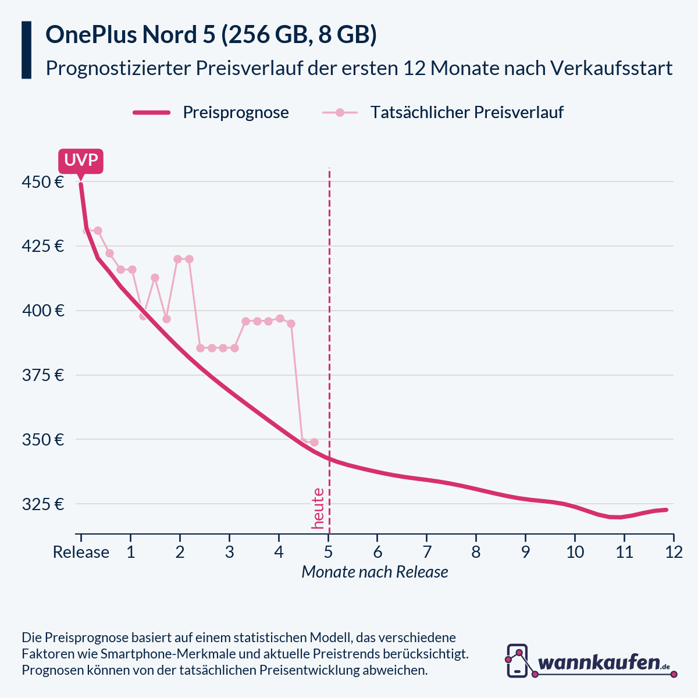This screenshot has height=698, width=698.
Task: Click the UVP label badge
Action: (x=81, y=161)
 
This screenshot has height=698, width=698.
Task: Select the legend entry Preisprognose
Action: (x=236, y=112)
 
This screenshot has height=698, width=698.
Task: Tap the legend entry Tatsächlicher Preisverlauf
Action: (x=466, y=112)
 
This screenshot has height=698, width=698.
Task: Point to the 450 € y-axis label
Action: (x=42, y=182)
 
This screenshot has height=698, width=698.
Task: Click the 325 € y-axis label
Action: (x=42, y=504)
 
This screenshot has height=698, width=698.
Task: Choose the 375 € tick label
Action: (x=42, y=375)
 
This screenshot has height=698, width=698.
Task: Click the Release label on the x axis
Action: (x=81, y=552)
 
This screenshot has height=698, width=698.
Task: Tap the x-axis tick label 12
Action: (x=673, y=552)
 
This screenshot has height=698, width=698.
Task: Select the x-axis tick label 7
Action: (x=426, y=552)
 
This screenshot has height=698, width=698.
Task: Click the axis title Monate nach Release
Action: (x=375, y=572)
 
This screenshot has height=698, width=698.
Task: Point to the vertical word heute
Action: (x=318, y=508)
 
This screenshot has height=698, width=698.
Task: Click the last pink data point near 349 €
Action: (x=314, y=442)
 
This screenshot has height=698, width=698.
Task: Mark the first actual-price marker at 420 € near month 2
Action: (x=178, y=259)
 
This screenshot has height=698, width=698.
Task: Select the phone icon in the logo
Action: (x=517, y=661)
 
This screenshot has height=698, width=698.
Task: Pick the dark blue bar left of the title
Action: (x=26, y=50)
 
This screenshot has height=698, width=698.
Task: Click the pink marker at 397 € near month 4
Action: (x=280, y=318)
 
